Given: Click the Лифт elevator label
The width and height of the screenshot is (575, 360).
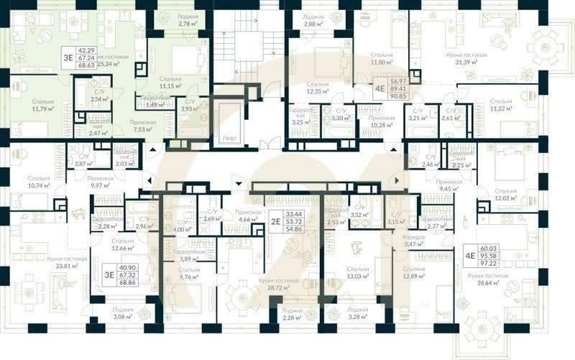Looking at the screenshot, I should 229,137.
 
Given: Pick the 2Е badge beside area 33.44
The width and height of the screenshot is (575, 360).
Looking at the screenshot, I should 275,221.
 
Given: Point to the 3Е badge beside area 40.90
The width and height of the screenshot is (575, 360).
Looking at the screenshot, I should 109,273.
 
